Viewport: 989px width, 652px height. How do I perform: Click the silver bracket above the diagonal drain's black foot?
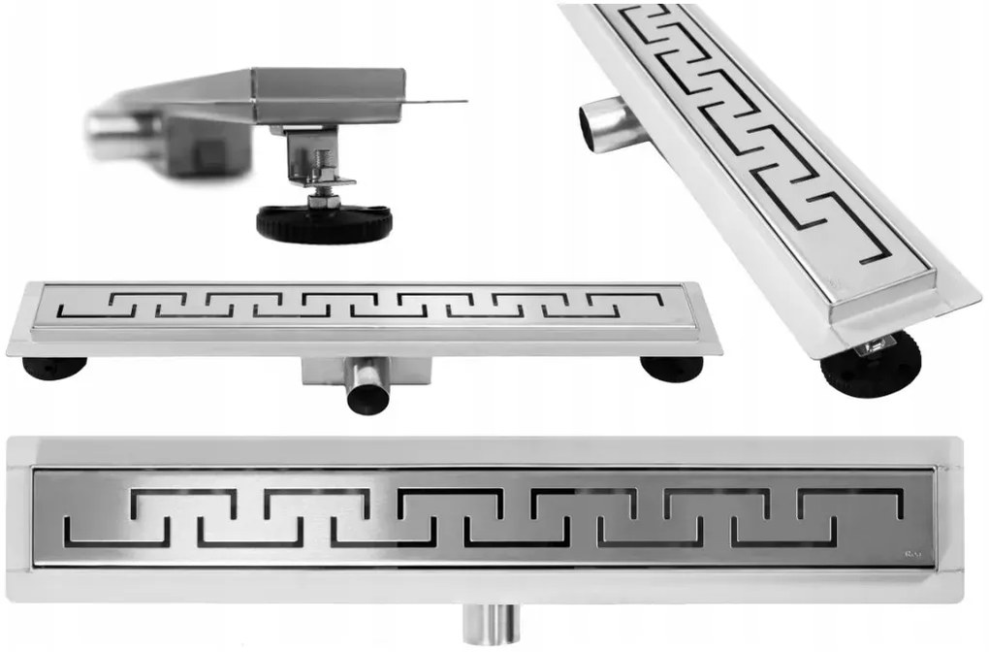(878, 342)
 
